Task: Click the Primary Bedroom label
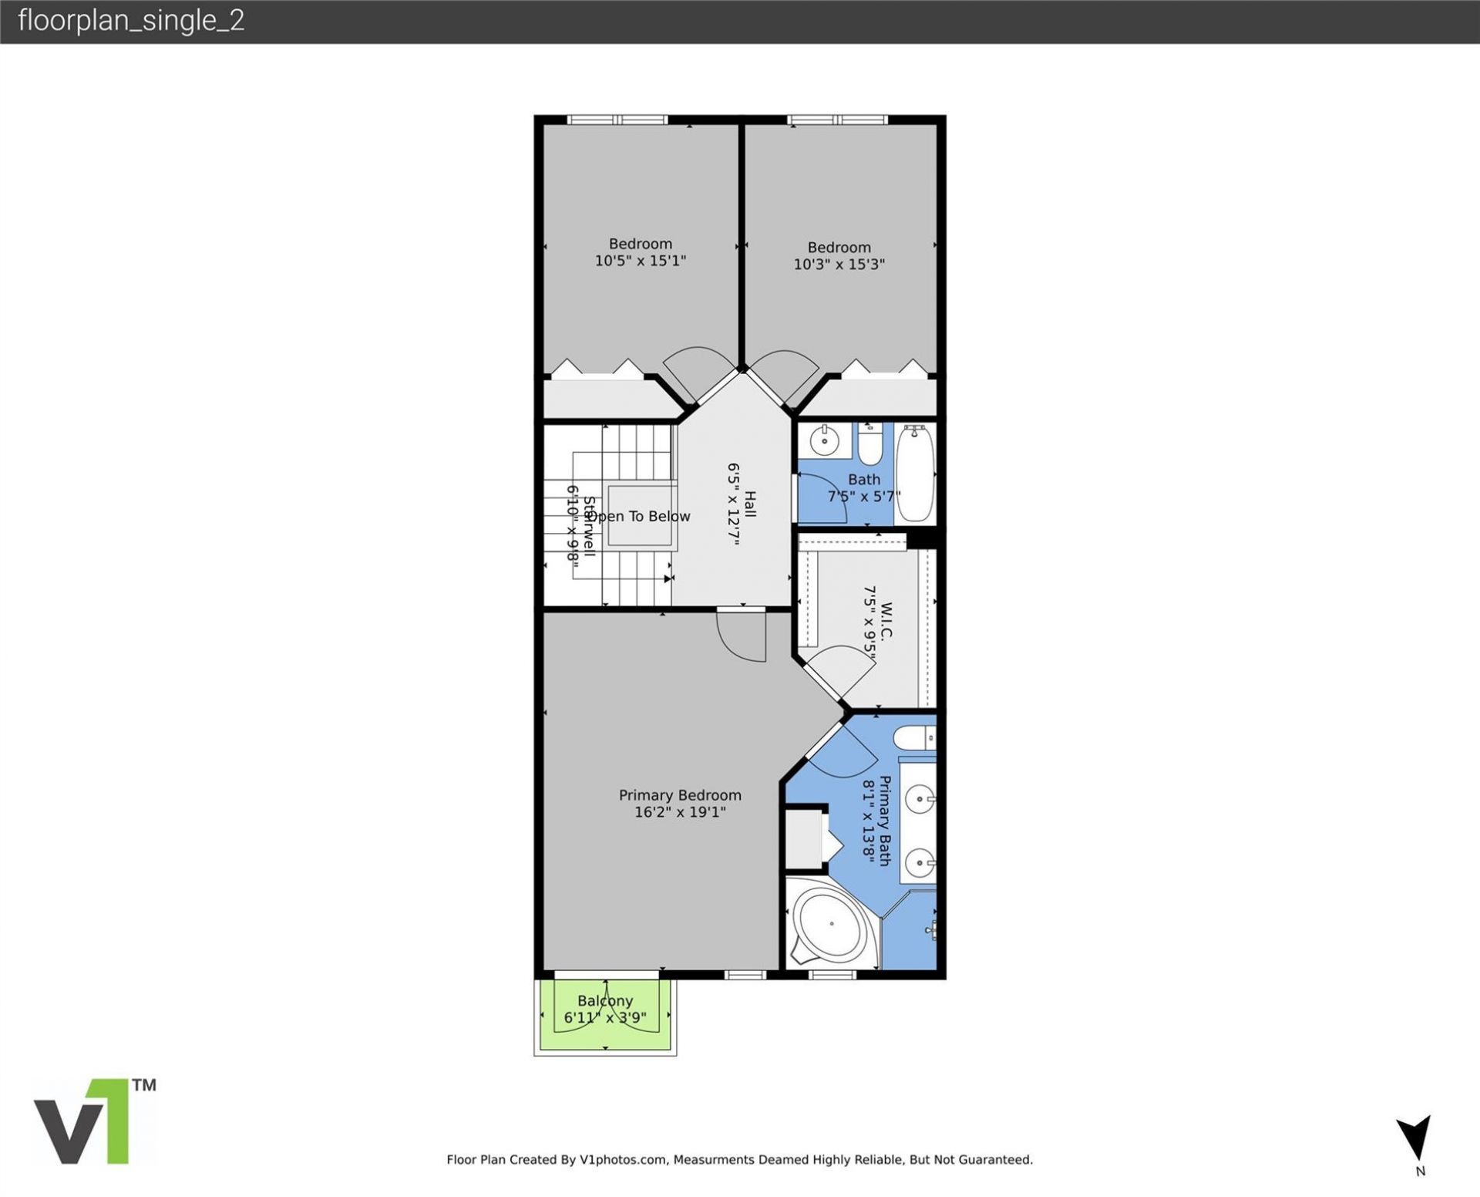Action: pos(679,794)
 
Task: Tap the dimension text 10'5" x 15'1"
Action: pos(640,261)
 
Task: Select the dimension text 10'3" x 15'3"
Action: pos(839,265)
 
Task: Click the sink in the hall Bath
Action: pos(824,440)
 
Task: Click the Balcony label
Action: pos(604,1000)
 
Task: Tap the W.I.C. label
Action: pos(886,621)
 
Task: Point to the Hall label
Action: pos(749,504)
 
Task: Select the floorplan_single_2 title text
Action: pos(131,21)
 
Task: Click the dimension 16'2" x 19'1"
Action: pos(679,812)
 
